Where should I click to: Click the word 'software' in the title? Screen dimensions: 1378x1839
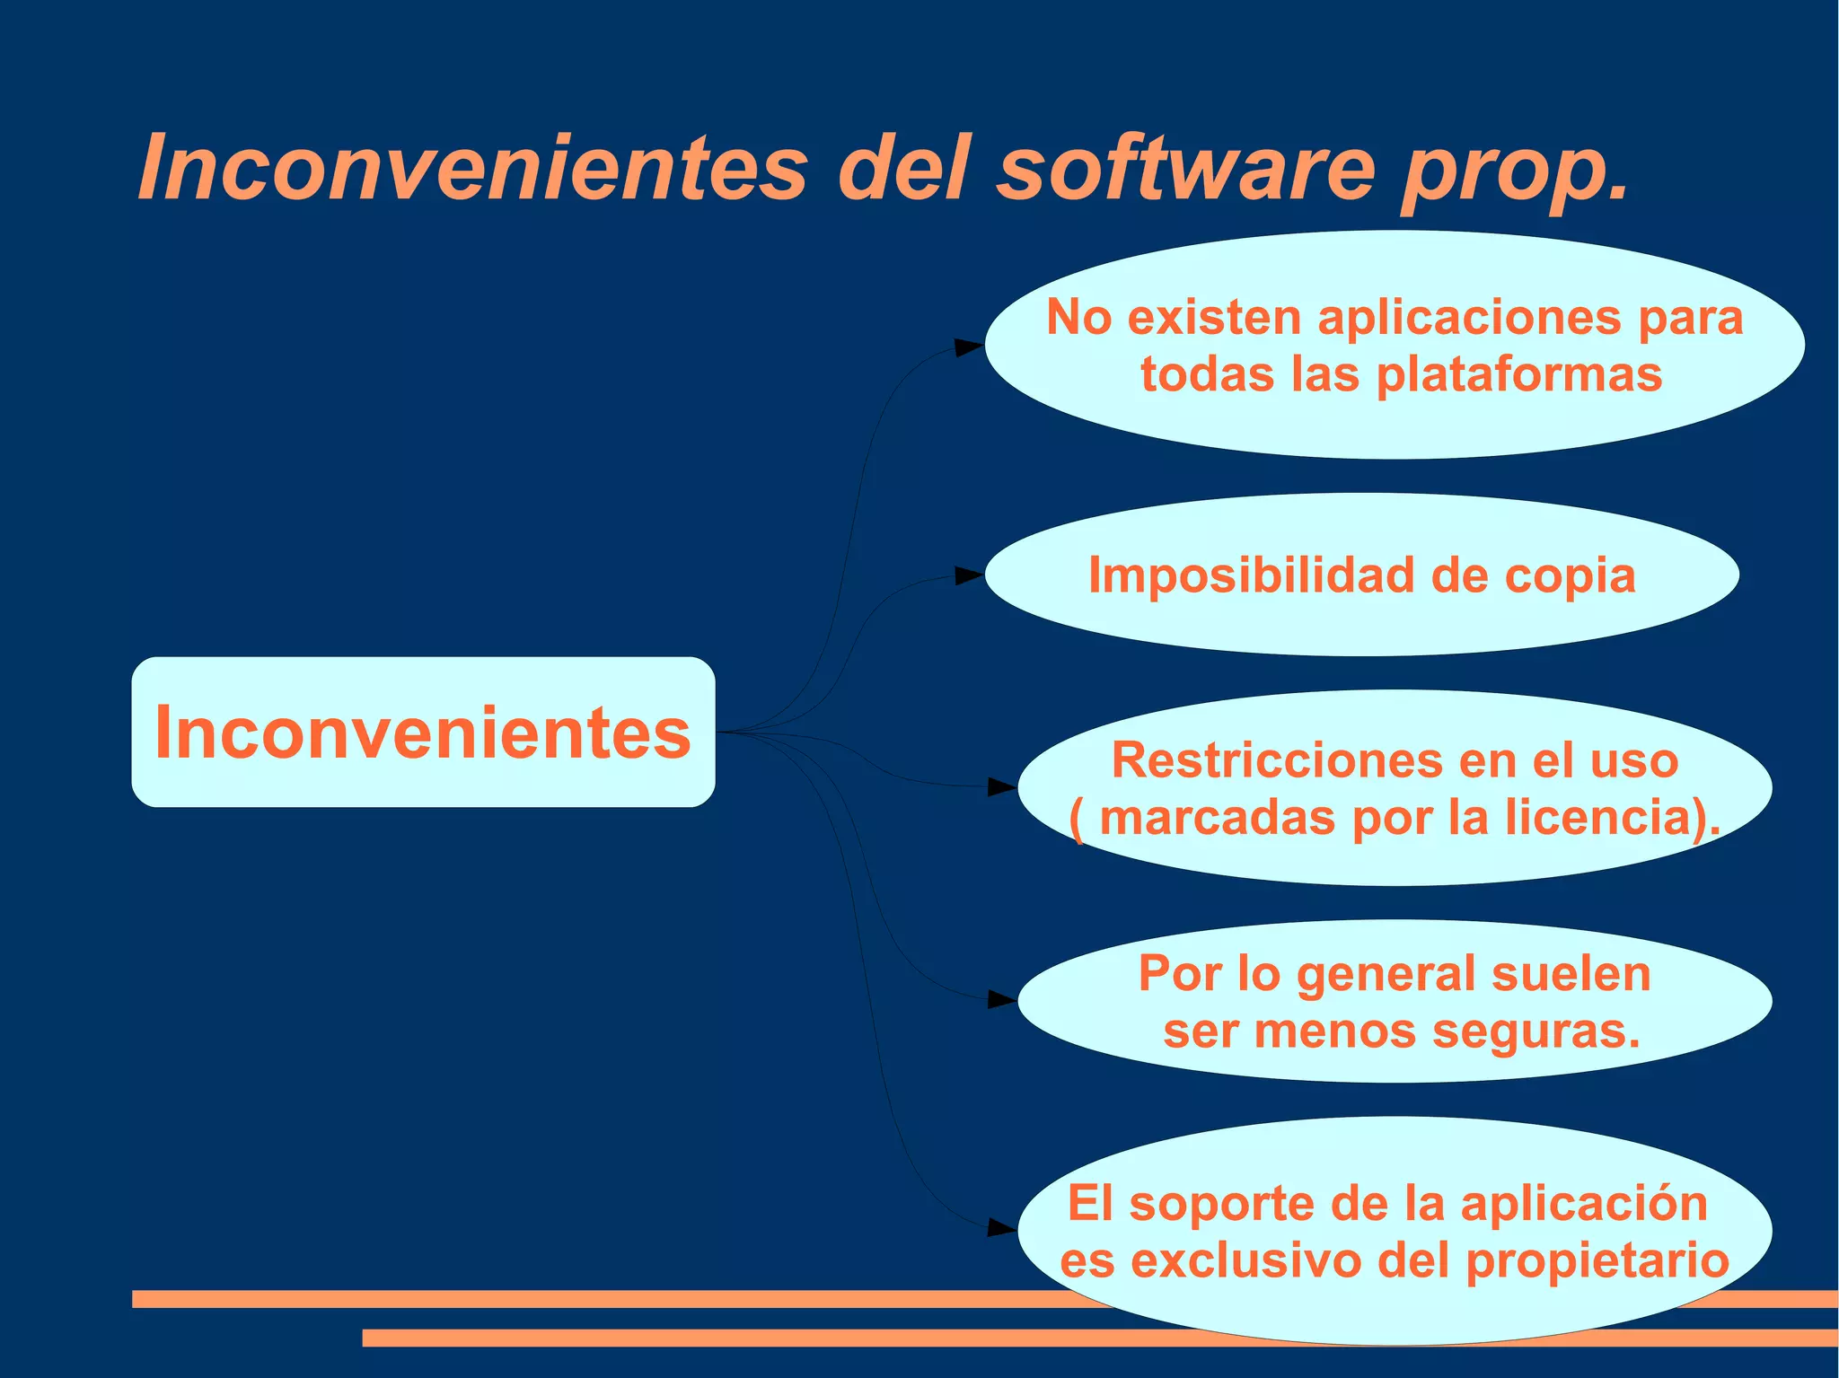pyautogui.click(x=1185, y=169)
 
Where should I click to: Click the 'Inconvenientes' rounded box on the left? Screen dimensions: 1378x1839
pyautogui.click(x=423, y=733)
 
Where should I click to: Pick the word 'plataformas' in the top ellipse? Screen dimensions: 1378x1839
pyautogui.click(x=1519, y=374)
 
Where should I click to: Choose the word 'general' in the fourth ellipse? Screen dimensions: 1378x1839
pyautogui.click(x=1385, y=975)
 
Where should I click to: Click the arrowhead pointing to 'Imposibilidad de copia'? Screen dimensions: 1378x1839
pyautogui.click(x=969, y=575)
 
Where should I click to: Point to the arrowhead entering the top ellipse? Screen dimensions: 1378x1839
pyautogui.click(x=969, y=347)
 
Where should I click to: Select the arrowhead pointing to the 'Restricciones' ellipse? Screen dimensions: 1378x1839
pyautogui.click(x=1002, y=787)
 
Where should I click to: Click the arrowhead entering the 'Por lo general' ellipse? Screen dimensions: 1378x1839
pyautogui.click(x=1002, y=999)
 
